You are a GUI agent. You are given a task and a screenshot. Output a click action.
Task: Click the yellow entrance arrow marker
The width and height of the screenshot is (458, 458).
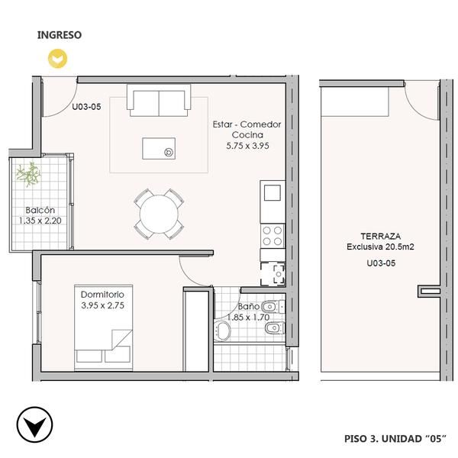tap(57, 59)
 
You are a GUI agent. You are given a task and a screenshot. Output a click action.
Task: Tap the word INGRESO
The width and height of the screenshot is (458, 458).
tap(60, 35)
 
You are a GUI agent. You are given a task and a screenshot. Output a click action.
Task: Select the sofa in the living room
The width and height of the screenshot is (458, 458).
tap(159, 100)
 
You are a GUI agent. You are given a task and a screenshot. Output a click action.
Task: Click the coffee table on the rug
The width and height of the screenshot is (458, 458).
tap(159, 149)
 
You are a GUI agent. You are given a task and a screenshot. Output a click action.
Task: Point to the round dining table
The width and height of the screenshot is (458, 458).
tap(159, 214)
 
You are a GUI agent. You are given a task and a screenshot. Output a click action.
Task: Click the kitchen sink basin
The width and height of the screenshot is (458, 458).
tap(273, 193)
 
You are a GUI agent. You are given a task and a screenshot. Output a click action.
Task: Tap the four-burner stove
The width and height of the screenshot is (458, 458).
tap(273, 236)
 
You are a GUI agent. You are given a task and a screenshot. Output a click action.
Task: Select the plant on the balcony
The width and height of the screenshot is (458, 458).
tap(29, 174)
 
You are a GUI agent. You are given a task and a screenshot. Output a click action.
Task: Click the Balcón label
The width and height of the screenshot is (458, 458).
tap(40, 210)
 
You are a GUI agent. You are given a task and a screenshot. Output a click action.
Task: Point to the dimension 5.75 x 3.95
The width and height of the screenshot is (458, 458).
tap(247, 146)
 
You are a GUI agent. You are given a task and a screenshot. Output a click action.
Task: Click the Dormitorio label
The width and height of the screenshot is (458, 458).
tap(102, 295)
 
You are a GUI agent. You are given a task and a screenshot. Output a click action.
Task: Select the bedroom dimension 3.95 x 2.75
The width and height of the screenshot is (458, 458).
tap(102, 305)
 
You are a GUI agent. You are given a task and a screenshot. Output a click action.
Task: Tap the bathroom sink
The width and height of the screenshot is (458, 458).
tap(223, 331)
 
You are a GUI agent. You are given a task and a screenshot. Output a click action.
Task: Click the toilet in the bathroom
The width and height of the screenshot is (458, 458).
tap(273, 307)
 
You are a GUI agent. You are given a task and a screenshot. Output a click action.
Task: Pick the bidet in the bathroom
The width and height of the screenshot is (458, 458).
tap(274, 328)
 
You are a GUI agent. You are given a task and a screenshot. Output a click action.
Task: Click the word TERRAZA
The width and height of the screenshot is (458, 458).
tap(381, 236)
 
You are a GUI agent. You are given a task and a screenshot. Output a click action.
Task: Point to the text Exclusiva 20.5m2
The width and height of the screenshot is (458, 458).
tap(380, 247)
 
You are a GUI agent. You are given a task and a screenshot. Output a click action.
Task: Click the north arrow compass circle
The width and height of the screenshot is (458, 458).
tap(35, 424)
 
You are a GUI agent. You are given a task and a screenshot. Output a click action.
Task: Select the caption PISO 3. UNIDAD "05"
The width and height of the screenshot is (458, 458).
tap(395, 439)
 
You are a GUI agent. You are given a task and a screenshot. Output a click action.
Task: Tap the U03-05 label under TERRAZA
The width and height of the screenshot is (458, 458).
tap(381, 263)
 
